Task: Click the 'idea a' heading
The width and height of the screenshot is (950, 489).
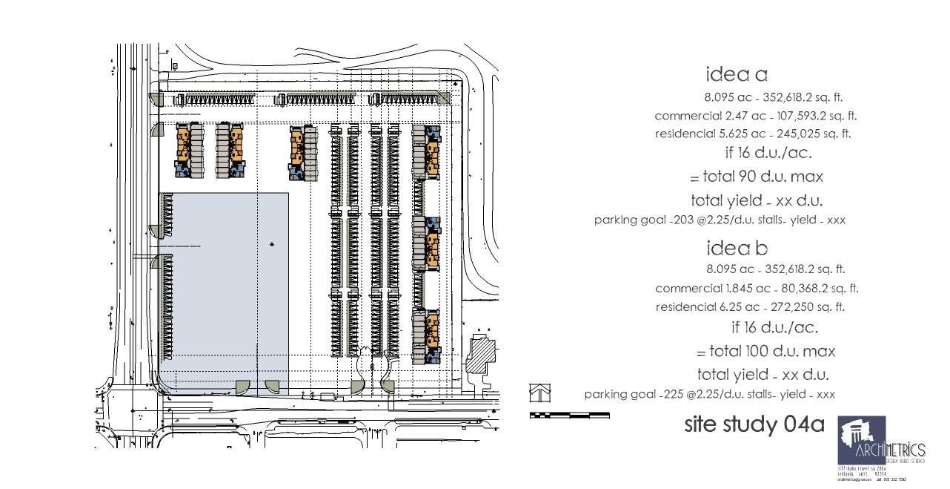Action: [737, 74]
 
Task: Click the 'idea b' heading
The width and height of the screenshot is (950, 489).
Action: [737, 248]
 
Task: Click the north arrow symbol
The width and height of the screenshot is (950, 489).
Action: [540, 391]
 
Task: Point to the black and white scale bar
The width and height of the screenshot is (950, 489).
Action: [569, 415]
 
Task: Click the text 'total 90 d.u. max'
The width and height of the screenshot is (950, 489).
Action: [756, 177]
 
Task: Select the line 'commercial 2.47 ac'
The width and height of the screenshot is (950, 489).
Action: [756, 116]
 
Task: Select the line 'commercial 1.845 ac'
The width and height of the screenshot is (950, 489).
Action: [757, 289]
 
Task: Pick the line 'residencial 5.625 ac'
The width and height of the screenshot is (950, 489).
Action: [753, 134]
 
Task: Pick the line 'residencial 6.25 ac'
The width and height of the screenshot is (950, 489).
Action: [750, 307]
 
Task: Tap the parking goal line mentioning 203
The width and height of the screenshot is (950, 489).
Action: [720, 220]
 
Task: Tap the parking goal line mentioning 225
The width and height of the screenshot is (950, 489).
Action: [709, 395]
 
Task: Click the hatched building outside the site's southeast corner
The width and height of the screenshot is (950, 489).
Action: [484, 351]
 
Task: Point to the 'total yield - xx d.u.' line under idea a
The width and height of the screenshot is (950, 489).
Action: [757, 200]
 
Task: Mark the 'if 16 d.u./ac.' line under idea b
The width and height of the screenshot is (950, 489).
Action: [774, 327]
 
